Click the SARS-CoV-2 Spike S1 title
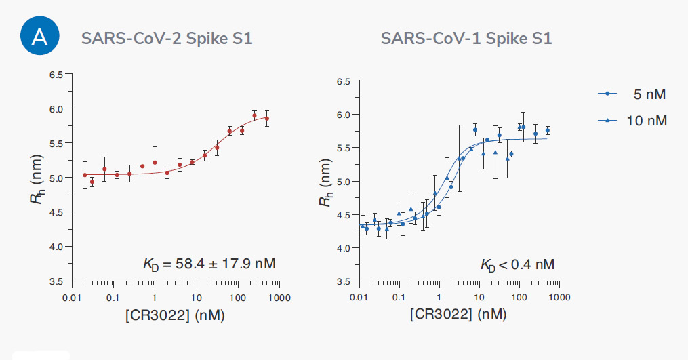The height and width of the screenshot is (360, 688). (167, 38)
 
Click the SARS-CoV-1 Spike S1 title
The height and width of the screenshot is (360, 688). (466, 38)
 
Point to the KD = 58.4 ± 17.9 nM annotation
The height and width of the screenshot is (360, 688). (209, 263)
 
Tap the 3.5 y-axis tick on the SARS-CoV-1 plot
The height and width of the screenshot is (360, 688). (344, 281)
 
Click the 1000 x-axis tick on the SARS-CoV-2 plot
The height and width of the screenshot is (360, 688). (279, 297)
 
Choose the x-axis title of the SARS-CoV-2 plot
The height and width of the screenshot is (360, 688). (175, 315)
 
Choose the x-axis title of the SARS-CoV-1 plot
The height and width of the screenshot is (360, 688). (458, 315)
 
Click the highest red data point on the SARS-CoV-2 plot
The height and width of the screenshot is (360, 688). (254, 115)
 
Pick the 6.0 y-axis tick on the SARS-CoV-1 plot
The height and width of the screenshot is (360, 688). (344, 115)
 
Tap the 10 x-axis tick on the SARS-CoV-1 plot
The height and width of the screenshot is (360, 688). (479, 297)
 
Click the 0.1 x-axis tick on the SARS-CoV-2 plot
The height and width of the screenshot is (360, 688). (113, 297)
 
